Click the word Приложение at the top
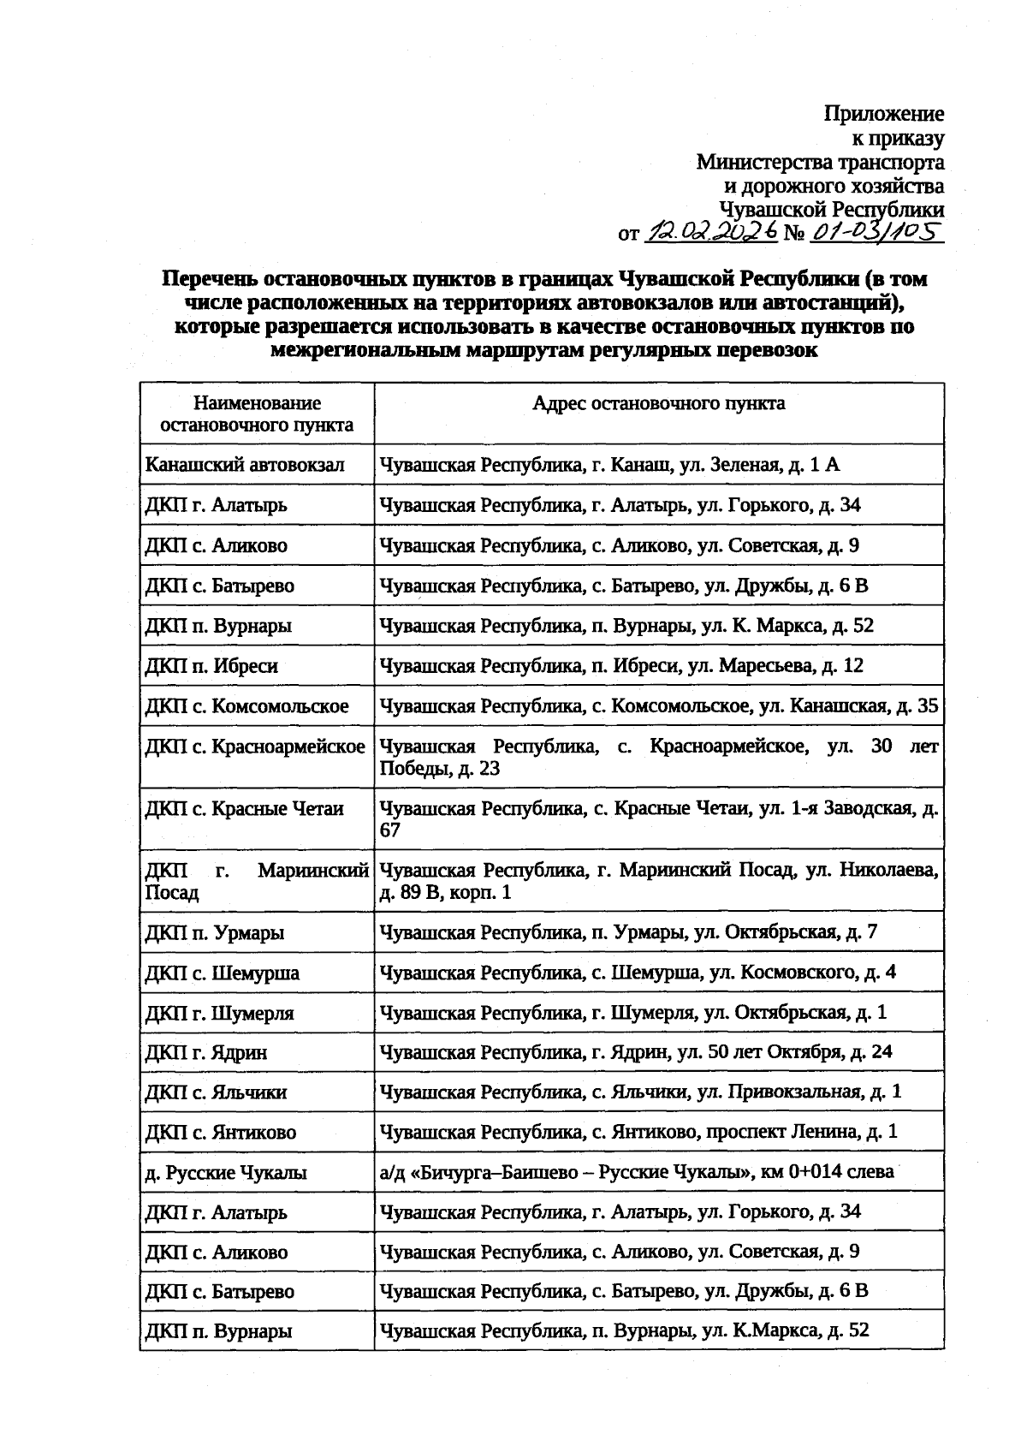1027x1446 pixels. [x=884, y=114]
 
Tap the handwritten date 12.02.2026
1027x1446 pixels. [x=712, y=230]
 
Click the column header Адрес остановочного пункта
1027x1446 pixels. [x=658, y=403]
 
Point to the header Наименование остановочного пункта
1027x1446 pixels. [x=257, y=414]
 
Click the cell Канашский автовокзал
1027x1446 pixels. [x=245, y=465]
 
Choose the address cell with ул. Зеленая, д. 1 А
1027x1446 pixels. [x=609, y=465]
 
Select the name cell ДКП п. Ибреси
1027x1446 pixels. [x=212, y=666]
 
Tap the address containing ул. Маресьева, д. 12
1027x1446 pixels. [x=621, y=666]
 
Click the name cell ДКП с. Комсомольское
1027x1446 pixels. [x=247, y=706]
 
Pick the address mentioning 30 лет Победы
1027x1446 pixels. [x=658, y=757]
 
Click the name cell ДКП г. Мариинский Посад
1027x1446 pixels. [x=257, y=881]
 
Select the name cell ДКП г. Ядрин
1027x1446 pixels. [x=206, y=1052]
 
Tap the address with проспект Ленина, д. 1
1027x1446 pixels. [x=638, y=1132]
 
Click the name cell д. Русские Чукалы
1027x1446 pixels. [x=226, y=1173]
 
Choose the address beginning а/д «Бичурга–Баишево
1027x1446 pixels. [x=637, y=1172]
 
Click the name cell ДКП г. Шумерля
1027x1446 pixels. [x=220, y=1014]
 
